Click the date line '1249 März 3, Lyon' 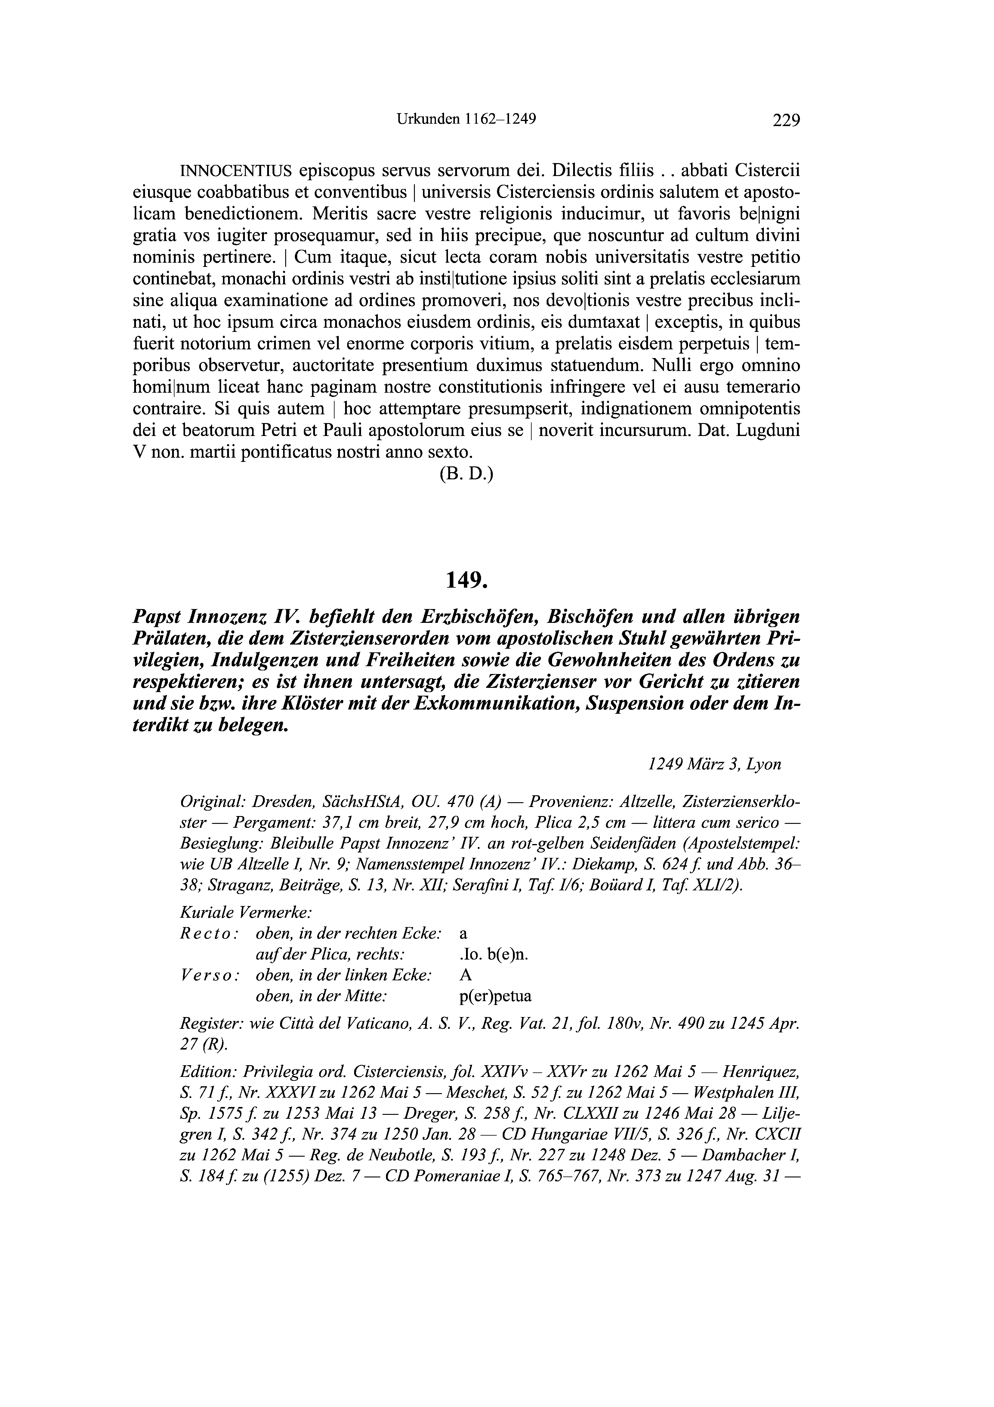tap(714, 765)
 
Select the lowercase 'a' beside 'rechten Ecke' tap(463, 934)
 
